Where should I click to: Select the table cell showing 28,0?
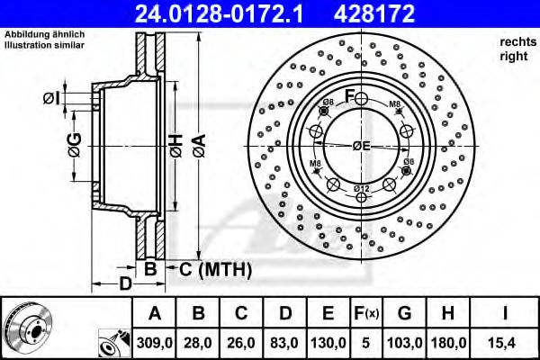coord(197,343)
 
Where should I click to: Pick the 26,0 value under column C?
coord(241,343)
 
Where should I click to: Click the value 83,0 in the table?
coord(285,343)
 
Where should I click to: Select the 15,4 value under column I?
coord(508,343)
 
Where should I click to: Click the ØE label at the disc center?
coord(361,146)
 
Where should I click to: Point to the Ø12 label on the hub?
coord(361,187)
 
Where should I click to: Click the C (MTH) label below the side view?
coord(210,269)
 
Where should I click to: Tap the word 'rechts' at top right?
coord(516,41)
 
